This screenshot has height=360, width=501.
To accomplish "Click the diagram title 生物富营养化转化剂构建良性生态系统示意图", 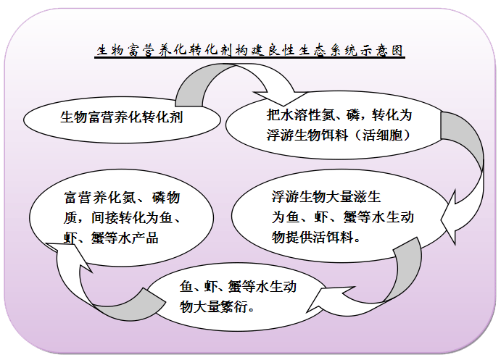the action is (x=250, y=51).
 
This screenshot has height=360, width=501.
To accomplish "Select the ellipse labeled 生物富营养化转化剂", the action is (x=122, y=120).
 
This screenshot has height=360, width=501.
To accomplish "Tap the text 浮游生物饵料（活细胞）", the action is (x=339, y=135).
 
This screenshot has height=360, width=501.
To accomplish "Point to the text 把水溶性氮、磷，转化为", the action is (x=339, y=115).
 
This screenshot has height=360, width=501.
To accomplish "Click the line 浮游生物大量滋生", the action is (x=326, y=196).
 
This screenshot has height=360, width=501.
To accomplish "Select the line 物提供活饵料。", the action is (x=316, y=237).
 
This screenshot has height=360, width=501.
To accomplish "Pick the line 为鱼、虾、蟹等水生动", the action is (x=343, y=217).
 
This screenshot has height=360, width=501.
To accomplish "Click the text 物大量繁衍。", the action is (x=218, y=307).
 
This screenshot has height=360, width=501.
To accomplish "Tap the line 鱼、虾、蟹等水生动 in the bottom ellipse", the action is (x=238, y=287).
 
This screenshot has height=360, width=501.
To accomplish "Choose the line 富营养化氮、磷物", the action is (x=122, y=198).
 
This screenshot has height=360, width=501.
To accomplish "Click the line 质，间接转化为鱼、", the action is (x=122, y=217).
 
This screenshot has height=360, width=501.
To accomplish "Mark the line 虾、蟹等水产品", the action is (x=111, y=238).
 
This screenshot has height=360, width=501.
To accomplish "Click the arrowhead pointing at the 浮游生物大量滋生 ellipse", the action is (x=448, y=218).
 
